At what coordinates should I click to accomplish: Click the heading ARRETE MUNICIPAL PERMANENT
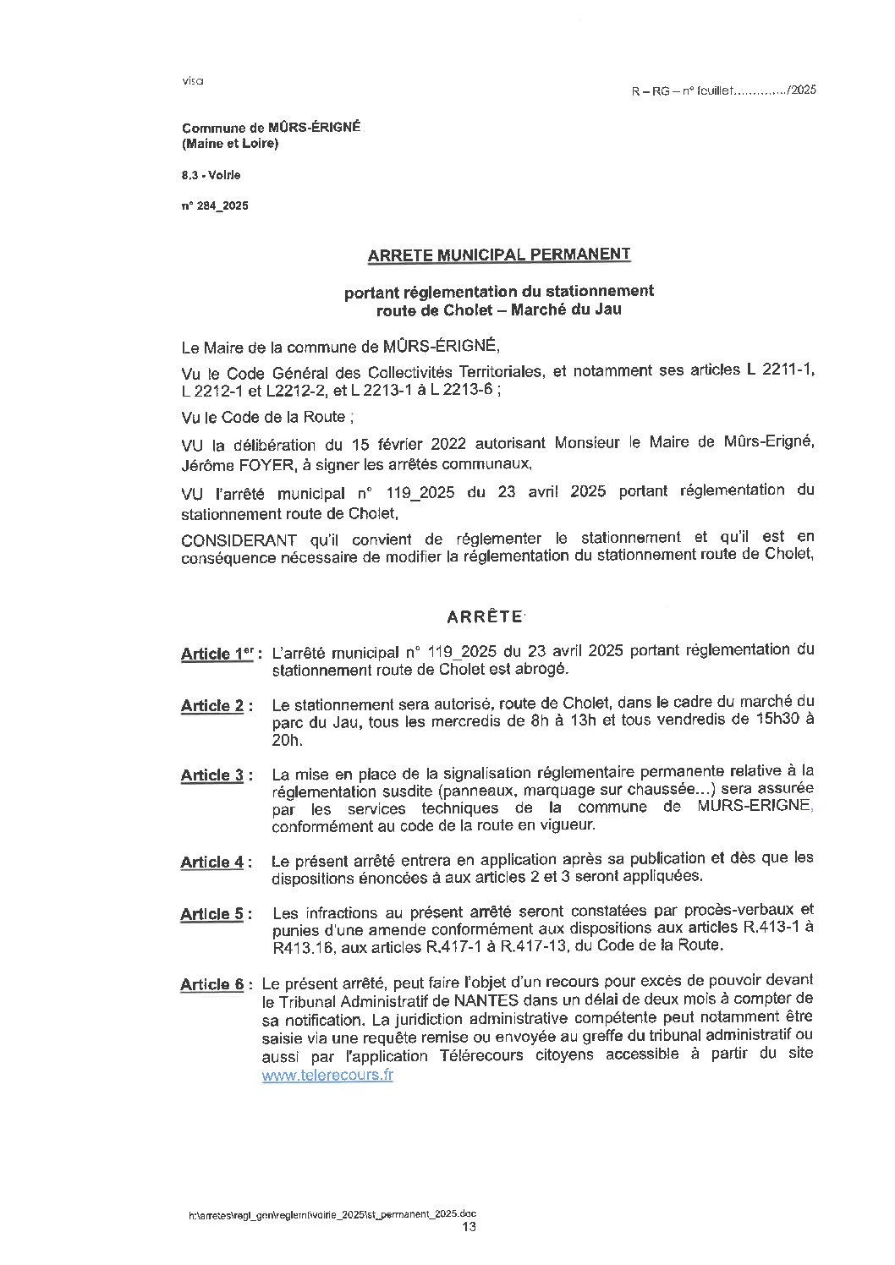click(498, 254)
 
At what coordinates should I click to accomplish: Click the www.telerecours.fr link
click(327, 1076)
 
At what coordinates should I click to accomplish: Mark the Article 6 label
click(212, 984)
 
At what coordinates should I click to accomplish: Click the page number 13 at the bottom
click(469, 1227)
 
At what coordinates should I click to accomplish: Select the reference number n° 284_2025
click(215, 205)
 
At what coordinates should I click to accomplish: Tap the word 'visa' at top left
click(193, 81)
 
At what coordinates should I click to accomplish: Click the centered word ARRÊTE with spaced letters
click(485, 616)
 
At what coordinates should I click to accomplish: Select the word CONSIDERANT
click(239, 539)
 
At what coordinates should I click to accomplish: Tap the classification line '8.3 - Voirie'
click(211, 175)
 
